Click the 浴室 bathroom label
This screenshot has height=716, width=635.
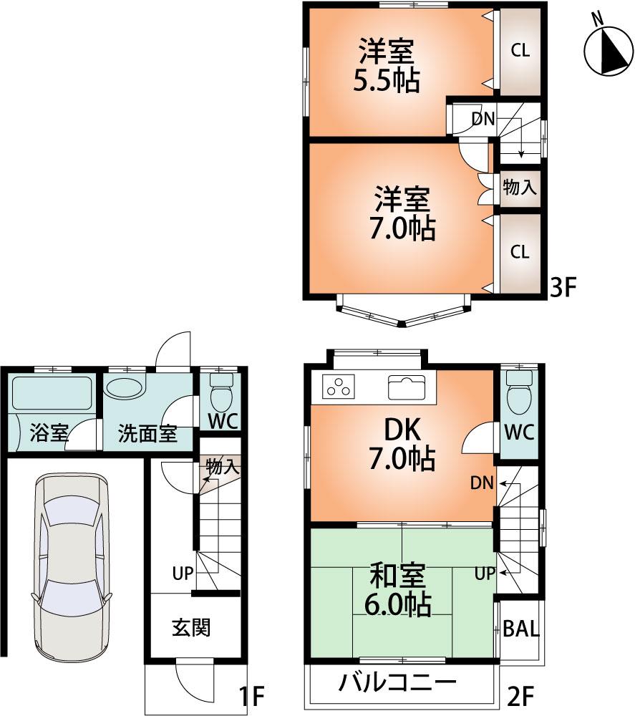(49, 433)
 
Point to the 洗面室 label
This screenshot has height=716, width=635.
(147, 433)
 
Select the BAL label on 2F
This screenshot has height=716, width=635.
(520, 629)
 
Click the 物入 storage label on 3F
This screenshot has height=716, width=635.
(520, 188)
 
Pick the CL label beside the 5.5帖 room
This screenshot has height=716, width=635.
(520, 50)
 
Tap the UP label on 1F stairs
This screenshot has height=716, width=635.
(182, 573)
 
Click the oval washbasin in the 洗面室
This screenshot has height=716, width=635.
(123, 389)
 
